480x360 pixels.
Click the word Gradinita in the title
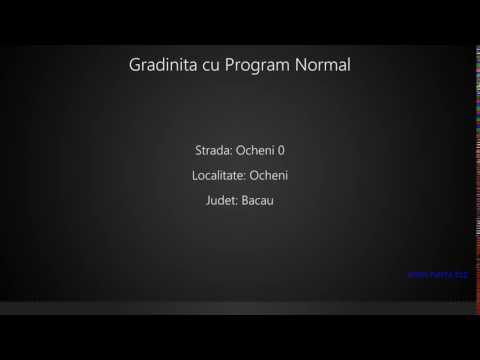pyautogui.click(x=163, y=66)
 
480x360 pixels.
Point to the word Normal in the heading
pyautogui.click(x=323, y=66)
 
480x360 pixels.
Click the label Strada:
pyautogui.click(x=213, y=151)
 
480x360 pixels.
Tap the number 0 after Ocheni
pyautogui.click(x=281, y=151)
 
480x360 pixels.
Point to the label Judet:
pyautogui.click(x=221, y=200)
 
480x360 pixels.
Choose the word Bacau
pyautogui.click(x=258, y=200)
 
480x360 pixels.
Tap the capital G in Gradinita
pyautogui.click(x=136, y=66)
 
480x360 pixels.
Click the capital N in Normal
pyautogui.click(x=301, y=66)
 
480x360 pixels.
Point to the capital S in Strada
pyautogui.click(x=199, y=151)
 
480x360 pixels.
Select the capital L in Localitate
pyautogui.click(x=194, y=176)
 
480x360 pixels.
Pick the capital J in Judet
pyautogui.click(x=206, y=200)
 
